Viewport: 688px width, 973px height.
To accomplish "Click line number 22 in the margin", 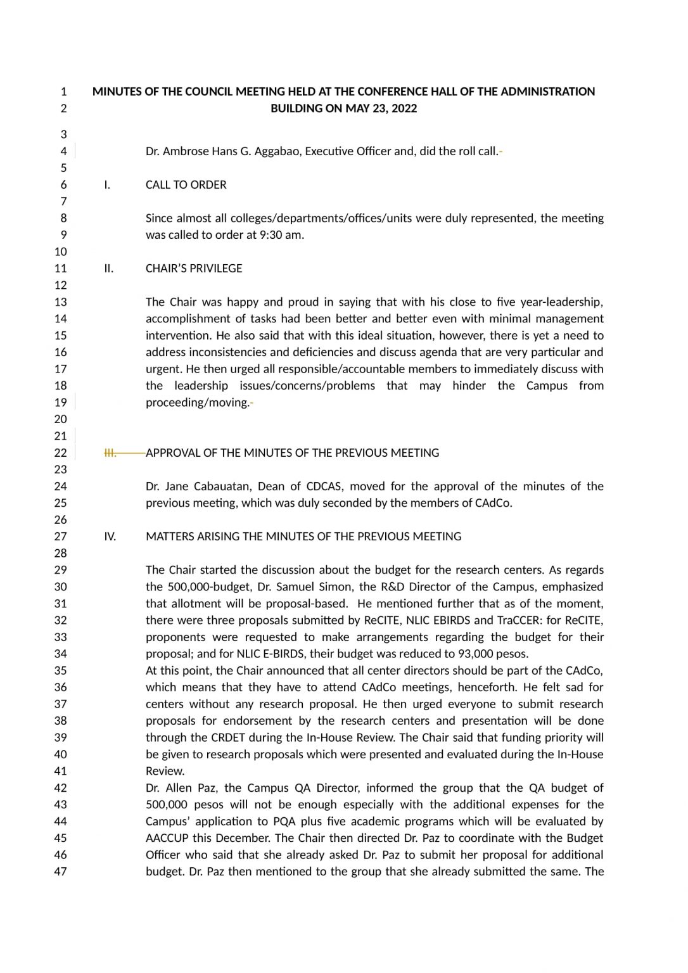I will [60, 453].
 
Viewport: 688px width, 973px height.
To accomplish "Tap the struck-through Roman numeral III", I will [110, 453].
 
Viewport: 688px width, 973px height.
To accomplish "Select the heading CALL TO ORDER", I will [186, 185].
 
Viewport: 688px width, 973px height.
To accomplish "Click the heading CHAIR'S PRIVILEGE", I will [194, 269].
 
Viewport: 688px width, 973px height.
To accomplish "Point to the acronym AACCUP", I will [167, 838].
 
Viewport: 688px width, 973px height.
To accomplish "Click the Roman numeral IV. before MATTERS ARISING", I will [110, 537].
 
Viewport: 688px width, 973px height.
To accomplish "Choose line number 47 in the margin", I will [60, 872].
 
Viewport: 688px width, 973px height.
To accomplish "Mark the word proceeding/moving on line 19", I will [197, 403].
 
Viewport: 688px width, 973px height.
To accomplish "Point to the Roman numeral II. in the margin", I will [109, 269].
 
